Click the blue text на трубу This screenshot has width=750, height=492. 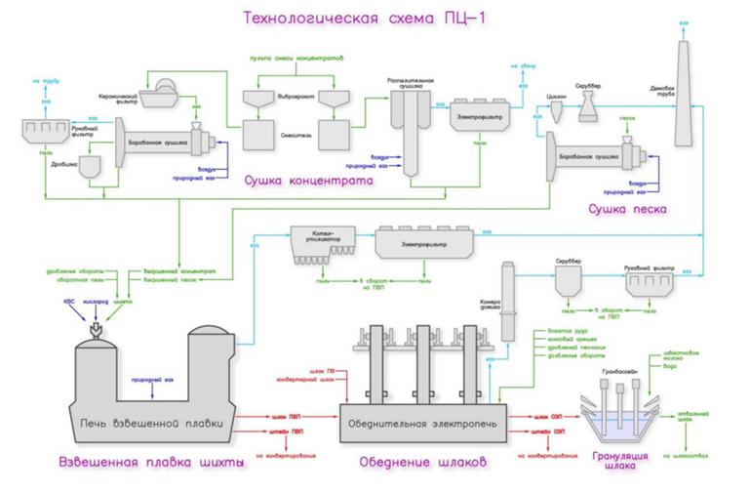(x=45, y=81)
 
